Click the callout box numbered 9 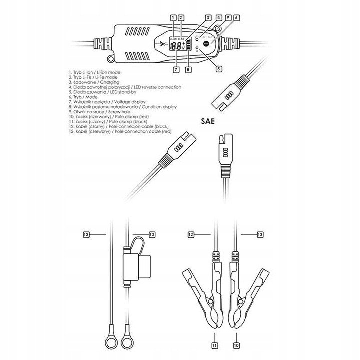pos(227,18)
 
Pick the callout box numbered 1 pos(172,18)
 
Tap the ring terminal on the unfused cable pos(109,344)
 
